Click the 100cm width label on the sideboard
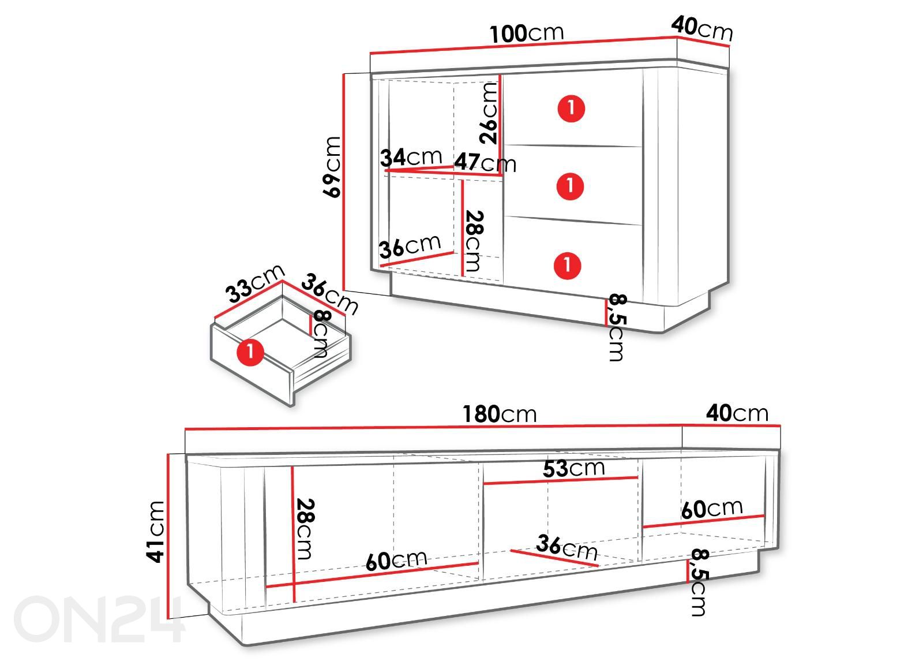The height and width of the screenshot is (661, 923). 526,34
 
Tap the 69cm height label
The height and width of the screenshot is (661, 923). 332,167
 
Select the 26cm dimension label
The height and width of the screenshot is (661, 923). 489,113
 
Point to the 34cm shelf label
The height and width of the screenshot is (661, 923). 411,158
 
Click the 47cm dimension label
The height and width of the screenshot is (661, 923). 485,162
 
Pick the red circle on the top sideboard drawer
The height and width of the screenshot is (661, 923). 571,109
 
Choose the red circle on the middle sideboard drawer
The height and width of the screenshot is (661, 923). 571,186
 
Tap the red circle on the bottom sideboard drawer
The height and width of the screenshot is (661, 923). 568,265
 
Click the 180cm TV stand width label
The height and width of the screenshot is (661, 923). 500,414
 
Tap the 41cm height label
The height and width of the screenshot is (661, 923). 155,532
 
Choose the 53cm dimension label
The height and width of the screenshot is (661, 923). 574,468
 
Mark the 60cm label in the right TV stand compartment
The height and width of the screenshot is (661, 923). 712,509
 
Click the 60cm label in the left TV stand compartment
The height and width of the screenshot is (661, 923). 396,560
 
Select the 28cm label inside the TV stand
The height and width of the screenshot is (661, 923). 305,529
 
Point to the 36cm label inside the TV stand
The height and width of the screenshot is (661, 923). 567,547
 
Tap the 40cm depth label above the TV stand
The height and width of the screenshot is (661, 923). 737,413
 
